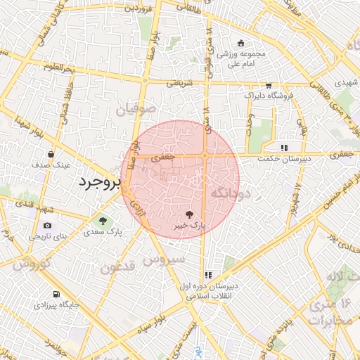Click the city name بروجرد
98,183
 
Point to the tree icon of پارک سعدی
103,221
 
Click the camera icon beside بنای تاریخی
47,226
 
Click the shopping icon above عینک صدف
51,154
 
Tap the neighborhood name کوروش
33,265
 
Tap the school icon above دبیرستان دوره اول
208,275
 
